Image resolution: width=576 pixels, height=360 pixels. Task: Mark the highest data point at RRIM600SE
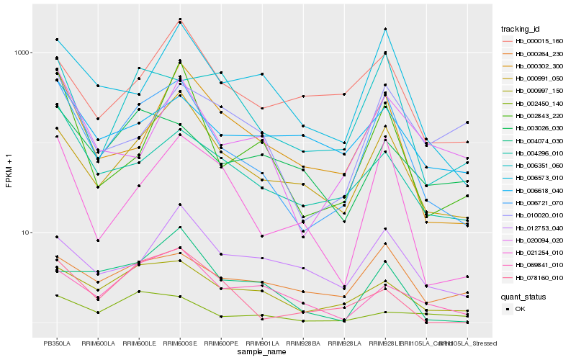(180, 19)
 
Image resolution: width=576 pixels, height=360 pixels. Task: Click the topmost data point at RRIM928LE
(385, 29)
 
